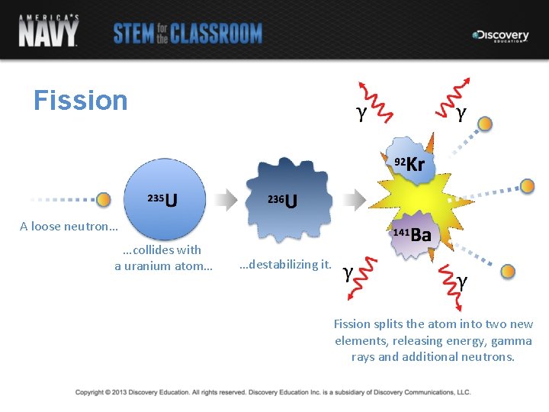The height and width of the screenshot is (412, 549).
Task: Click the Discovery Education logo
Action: pos(500,35)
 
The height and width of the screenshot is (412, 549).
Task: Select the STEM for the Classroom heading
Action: pos(188,34)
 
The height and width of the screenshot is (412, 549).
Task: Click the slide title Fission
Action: pos(81,101)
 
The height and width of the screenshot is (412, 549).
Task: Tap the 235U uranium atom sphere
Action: pos(163,199)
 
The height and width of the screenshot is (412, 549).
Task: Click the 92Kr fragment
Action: pos(410,163)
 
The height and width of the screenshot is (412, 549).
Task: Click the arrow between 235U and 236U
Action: pos(226,200)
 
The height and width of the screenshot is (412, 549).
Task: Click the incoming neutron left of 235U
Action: pos(104,200)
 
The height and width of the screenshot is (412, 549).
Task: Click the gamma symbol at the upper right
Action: pos(461,114)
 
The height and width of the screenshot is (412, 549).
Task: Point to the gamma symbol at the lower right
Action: pos(462,282)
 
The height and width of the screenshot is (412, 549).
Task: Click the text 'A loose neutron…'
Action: pos(69,226)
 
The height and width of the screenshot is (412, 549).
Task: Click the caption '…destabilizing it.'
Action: pos(284,265)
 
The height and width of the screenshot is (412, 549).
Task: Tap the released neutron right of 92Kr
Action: pos(527,185)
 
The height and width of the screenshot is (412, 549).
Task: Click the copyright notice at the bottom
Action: pos(273,392)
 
